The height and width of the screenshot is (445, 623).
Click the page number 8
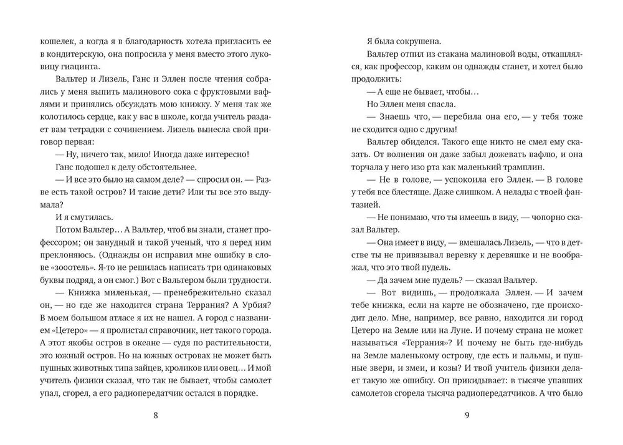point(156,417)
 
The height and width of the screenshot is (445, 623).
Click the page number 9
point(466,417)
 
